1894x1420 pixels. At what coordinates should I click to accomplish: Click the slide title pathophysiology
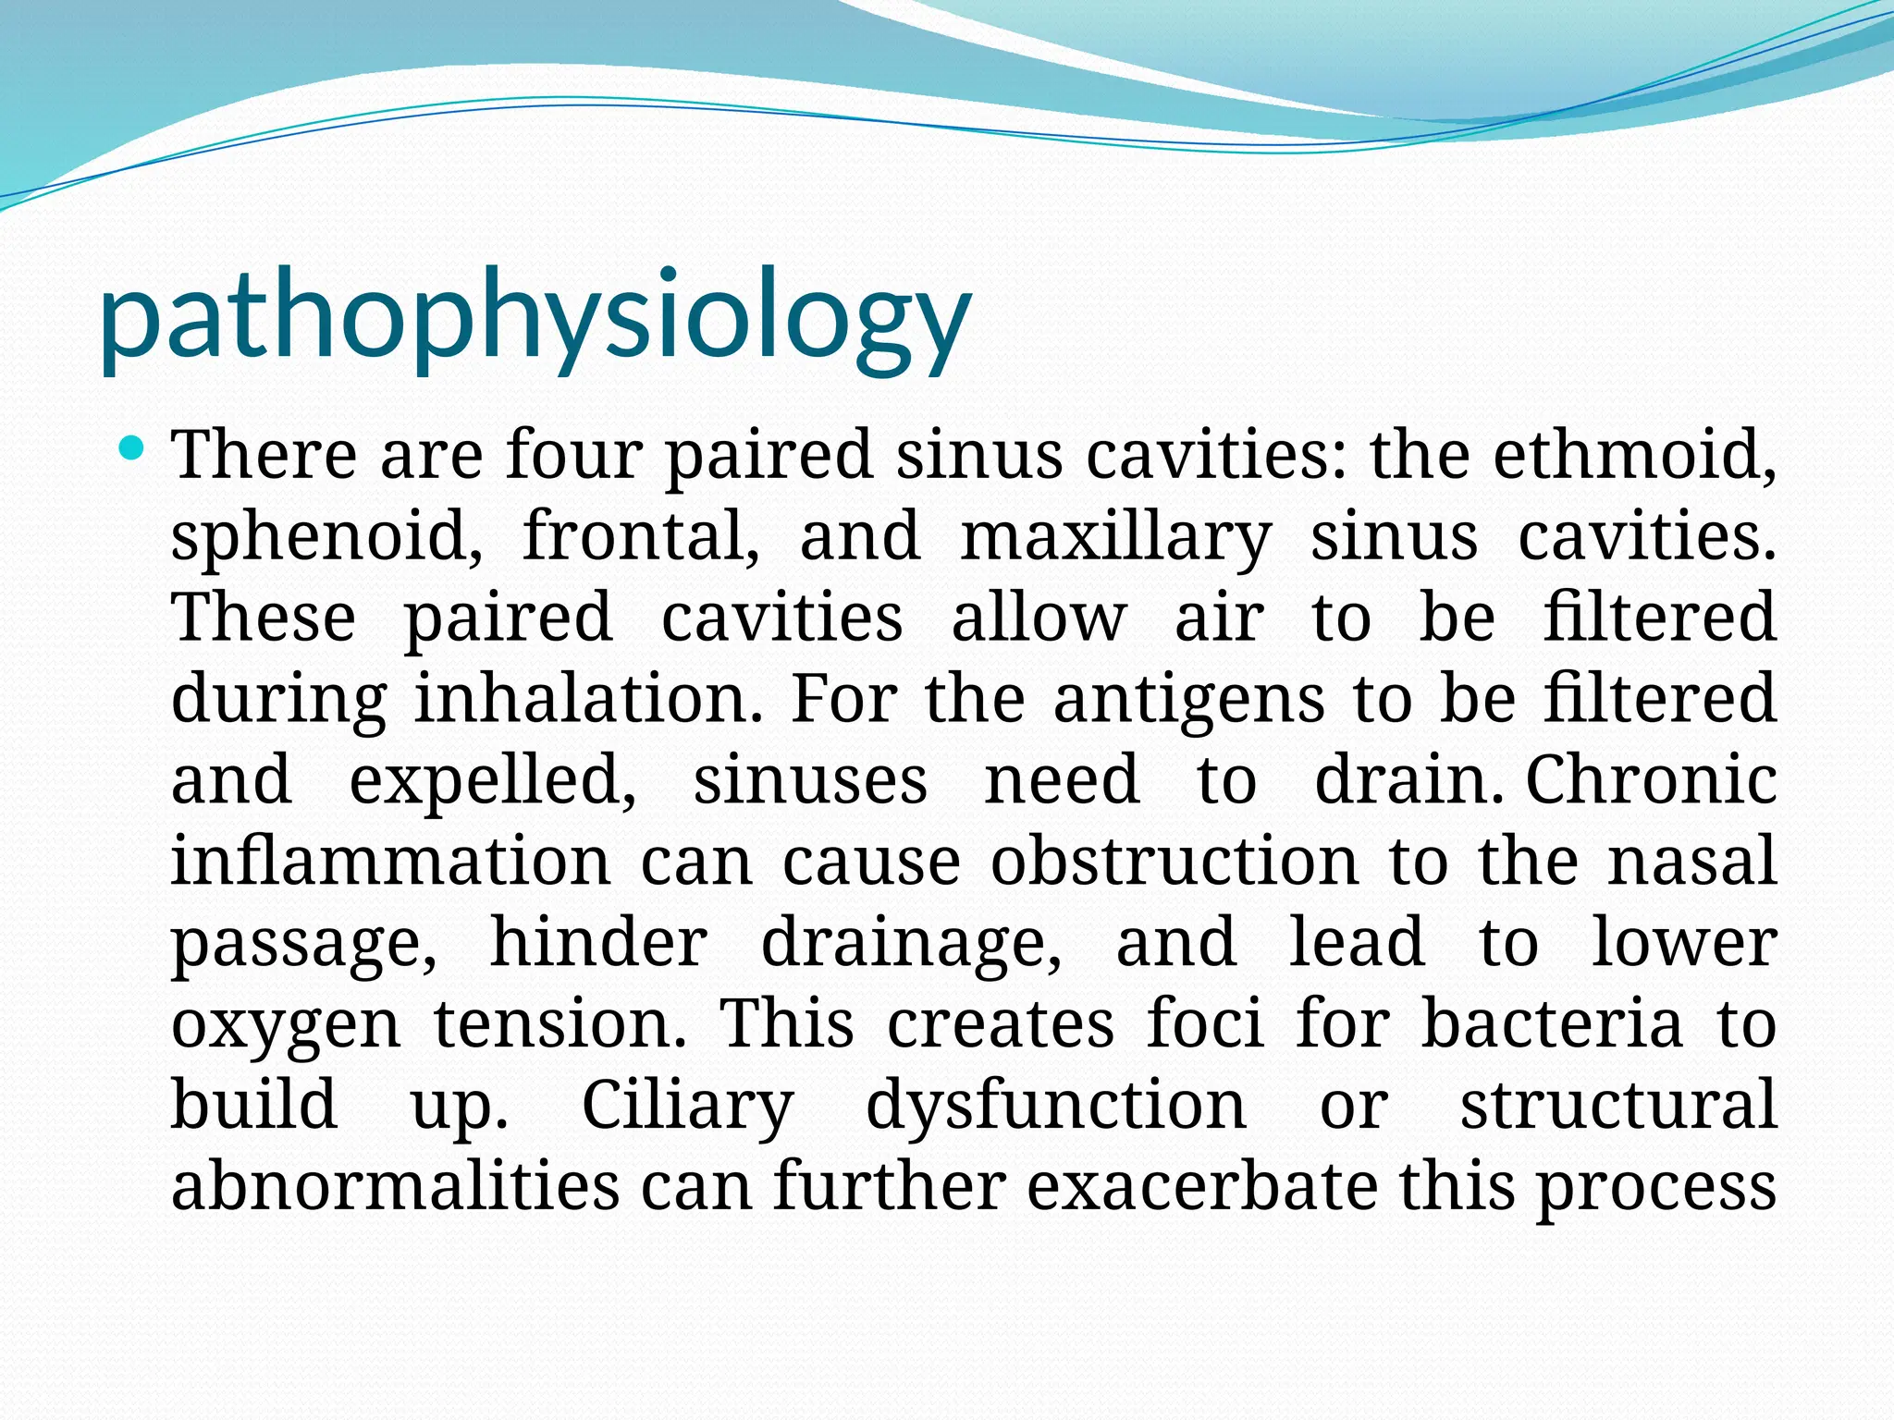[535, 319]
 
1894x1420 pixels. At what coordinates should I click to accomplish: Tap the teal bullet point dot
[133, 450]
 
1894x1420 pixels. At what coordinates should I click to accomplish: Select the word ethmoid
[1634, 455]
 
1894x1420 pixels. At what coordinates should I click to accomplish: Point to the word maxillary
[1115, 537]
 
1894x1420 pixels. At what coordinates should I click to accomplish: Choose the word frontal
[641, 535]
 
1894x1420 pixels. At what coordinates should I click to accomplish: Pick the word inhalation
[588, 698]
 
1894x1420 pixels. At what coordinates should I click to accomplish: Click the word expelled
[492, 780]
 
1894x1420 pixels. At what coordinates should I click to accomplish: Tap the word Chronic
[1651, 779]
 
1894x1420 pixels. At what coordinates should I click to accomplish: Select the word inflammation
[390, 861]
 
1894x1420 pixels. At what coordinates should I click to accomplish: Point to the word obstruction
[1175, 861]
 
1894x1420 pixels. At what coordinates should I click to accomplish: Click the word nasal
[1692, 861]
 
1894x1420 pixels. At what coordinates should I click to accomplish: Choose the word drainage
[911, 943]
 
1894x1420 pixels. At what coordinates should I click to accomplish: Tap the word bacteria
[1552, 1023]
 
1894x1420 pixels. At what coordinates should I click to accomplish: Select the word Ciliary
[687, 1106]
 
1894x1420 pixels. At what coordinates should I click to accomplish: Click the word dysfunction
[1056, 1106]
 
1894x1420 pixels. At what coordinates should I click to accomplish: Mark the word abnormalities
[395, 1186]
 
